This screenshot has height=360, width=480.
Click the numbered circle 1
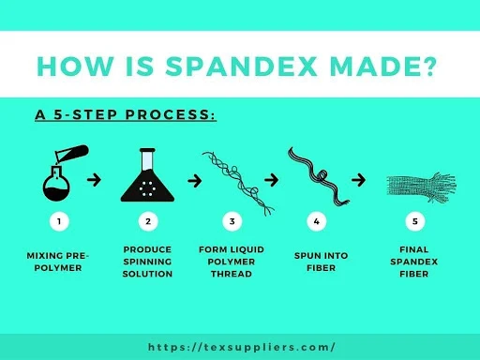[59, 222]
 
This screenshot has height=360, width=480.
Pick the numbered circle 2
[147, 222]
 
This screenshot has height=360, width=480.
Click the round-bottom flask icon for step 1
[59, 173]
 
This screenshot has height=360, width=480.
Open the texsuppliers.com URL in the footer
[241, 346]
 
